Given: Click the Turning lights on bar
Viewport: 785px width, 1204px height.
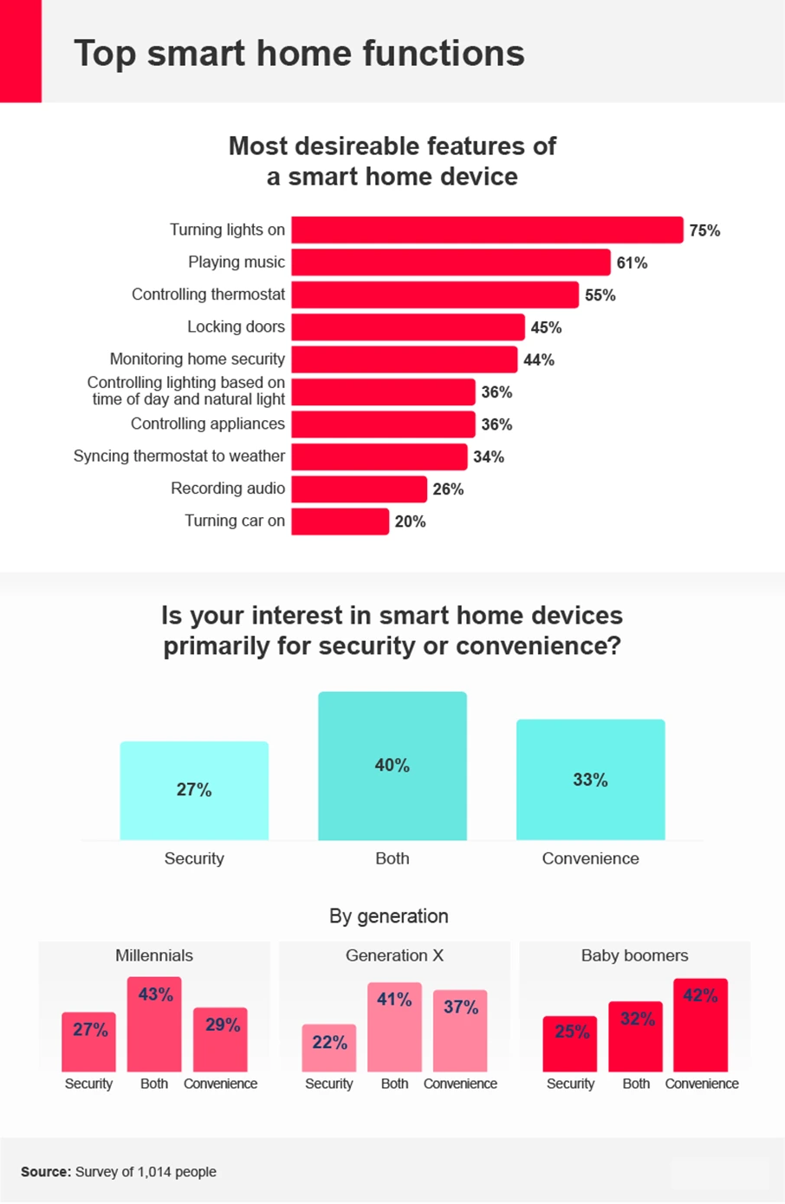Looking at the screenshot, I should pos(487,230).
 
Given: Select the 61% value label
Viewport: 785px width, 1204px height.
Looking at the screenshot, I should pos(632,262).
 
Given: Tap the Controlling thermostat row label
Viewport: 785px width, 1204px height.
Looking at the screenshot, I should pos(208,295).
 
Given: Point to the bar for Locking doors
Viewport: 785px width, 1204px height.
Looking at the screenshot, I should pos(408,327).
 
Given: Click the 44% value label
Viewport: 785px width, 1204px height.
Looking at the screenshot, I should pos(538,359).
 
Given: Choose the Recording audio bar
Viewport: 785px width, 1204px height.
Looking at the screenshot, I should pos(359,489).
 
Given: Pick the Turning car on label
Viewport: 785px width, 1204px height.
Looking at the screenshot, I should pos(234,521).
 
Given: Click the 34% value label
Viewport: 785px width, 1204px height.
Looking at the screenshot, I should pos(488,456).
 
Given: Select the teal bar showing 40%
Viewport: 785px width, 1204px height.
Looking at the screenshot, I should pos(392,766).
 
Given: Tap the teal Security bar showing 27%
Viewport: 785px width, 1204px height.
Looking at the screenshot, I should pos(194,790).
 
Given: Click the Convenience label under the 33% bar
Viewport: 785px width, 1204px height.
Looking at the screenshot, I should pos(590,858).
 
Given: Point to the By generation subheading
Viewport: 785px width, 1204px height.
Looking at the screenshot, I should pos(389,916).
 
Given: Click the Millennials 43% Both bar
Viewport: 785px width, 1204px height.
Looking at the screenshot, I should pos(154,1024).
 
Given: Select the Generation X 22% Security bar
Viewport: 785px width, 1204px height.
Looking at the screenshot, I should pos(329,1048).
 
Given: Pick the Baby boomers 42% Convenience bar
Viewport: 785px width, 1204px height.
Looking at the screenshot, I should pos(700,1025).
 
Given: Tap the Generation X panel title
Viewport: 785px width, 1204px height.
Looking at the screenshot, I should pos(394,955).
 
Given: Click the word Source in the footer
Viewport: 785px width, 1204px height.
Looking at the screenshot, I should pos(45,1172).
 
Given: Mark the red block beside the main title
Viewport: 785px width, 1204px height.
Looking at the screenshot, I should pos(21,51).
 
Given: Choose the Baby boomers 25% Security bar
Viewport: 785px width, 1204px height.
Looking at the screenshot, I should pos(570,1044).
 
